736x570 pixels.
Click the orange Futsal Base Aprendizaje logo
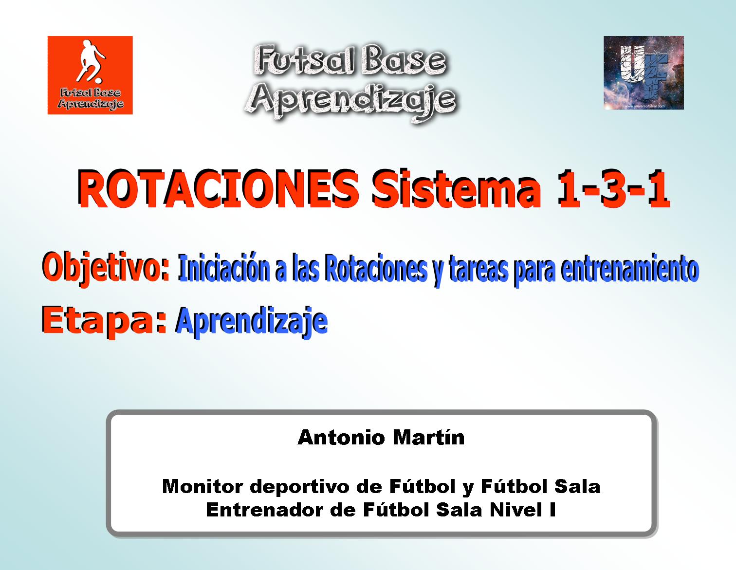click(x=90, y=75)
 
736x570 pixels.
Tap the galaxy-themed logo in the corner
click(x=644, y=73)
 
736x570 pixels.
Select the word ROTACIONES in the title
click(x=218, y=189)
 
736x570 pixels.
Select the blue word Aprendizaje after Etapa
click(x=251, y=321)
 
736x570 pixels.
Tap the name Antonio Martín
click(x=381, y=438)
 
